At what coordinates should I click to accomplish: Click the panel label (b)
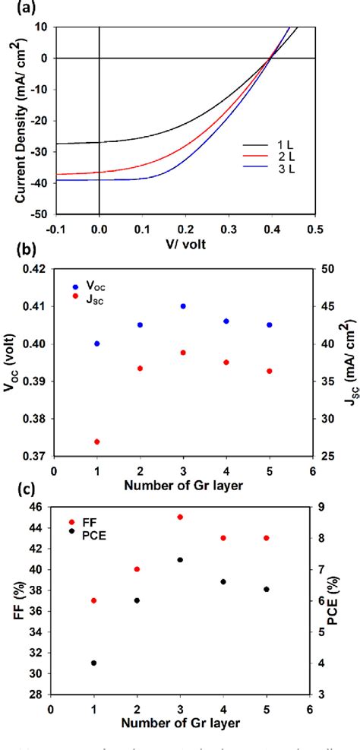click(18, 259)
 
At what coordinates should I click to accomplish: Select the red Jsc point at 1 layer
click(96, 441)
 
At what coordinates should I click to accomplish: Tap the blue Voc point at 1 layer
click(96, 343)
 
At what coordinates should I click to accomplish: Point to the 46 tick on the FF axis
click(38, 507)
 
